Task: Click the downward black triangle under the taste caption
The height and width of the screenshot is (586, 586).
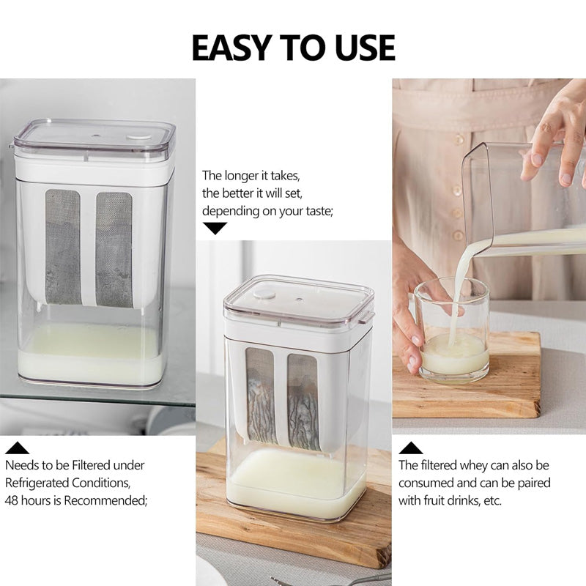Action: click(215, 228)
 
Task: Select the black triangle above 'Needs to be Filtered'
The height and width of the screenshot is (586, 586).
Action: click(17, 448)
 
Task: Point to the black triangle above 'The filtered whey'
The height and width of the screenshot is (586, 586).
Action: click(410, 448)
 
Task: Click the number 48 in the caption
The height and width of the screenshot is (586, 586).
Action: click(14, 501)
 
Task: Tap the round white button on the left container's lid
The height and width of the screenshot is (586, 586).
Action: click(133, 137)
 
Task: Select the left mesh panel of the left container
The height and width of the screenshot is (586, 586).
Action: click(62, 248)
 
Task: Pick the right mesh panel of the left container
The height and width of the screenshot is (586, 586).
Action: click(114, 249)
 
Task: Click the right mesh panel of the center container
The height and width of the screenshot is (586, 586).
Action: click(303, 401)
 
